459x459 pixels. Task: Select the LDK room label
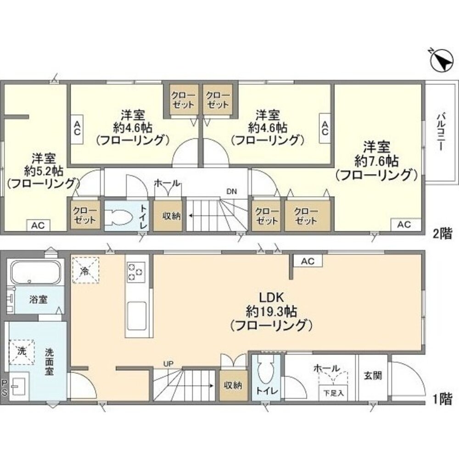pos(271,298)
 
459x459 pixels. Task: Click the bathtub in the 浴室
pos(36,272)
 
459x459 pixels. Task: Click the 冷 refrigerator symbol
pos(86,270)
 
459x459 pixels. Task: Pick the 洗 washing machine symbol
pos(22,352)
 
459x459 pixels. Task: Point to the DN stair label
pos(231,192)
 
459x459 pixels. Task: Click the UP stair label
pos(168,364)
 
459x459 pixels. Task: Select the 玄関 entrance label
pos(373,375)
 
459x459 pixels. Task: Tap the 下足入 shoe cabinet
pos(333,393)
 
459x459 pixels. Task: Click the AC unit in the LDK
pos(308,261)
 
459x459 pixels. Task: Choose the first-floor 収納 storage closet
pos(233,386)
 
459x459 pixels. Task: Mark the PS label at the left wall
pos(4,388)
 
